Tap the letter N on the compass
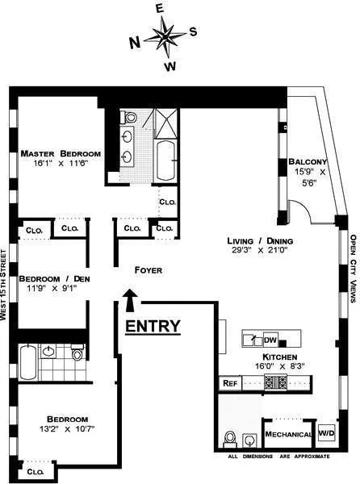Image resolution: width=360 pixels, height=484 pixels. click(134, 41)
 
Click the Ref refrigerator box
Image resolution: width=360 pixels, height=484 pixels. click(229, 383)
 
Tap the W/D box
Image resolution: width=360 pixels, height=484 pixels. click(326, 434)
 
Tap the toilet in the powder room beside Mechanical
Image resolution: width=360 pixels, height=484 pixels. click(230, 438)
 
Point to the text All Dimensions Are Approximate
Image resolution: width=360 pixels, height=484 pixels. click(278, 457)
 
